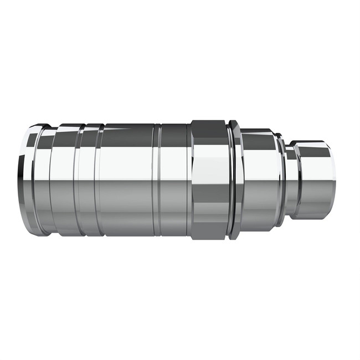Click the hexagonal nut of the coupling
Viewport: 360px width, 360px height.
[209, 180]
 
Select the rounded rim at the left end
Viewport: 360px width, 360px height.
[29, 180]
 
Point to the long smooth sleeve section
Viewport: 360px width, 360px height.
[127, 180]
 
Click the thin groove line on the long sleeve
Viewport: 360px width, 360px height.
[157, 180]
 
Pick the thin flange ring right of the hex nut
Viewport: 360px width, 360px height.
[235, 180]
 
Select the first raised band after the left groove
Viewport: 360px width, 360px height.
[62, 180]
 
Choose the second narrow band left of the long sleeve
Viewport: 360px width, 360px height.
[88, 180]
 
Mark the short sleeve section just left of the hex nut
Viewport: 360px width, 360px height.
[174, 180]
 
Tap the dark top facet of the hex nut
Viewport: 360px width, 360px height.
[209, 133]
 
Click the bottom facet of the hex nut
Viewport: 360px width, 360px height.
[209, 227]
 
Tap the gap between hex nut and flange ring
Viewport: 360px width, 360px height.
[229, 180]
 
